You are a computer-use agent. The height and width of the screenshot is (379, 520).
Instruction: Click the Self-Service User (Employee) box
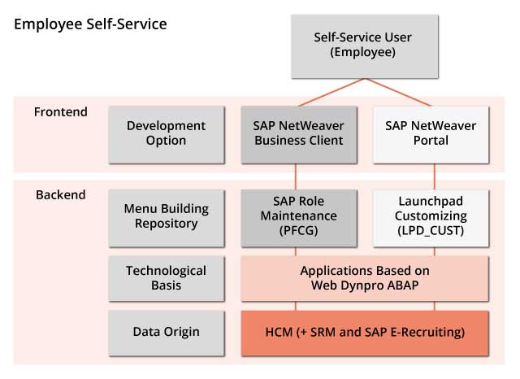coord(365,46)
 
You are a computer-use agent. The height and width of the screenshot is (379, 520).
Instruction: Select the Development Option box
coord(167,135)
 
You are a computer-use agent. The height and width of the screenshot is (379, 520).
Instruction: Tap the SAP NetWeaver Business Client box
coord(299,135)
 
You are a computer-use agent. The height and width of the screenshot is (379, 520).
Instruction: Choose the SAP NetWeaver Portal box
coord(431,135)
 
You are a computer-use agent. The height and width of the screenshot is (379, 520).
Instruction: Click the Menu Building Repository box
coord(167,219)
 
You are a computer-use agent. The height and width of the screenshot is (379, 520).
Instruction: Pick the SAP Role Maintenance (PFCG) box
coord(299,219)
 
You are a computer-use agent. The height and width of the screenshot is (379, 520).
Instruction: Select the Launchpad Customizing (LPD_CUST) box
coord(431,219)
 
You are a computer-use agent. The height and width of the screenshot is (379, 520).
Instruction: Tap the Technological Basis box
coord(167,278)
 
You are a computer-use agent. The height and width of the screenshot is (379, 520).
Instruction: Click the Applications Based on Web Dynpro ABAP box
coord(365,278)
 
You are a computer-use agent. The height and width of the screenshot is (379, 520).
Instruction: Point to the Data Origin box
coord(167,333)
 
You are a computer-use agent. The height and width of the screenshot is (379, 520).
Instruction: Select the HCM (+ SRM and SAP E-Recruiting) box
coord(365,333)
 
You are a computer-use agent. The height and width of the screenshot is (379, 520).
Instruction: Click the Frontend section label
coord(61,112)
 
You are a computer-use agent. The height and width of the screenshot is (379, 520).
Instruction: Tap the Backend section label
coord(61,195)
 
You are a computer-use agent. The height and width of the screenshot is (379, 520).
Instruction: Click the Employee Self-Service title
coord(90,24)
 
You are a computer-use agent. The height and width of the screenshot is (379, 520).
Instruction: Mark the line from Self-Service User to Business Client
coord(331,93)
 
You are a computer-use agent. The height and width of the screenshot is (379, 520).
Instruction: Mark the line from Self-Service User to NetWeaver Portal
coord(398,93)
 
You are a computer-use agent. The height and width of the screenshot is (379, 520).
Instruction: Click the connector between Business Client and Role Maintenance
coord(296,176)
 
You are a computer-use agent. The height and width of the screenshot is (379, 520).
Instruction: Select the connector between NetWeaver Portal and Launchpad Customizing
coord(435,176)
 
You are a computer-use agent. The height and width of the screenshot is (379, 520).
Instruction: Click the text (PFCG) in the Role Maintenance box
coord(298,230)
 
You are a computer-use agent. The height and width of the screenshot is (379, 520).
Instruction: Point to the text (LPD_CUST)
coord(431,231)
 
